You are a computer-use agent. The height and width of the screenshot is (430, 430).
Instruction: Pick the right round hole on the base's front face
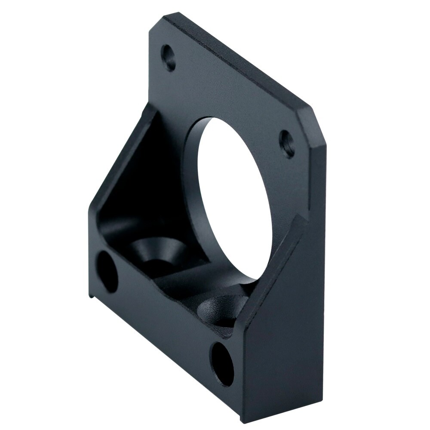pos(223,364)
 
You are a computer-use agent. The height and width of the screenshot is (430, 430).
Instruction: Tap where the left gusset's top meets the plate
pos(150,107)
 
